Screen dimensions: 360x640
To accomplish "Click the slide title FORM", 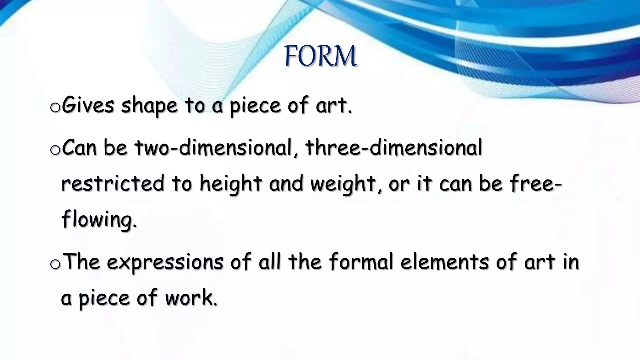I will (320, 56).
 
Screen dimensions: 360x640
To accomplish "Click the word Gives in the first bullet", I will (88, 106).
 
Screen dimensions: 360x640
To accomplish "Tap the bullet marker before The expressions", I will (55, 264).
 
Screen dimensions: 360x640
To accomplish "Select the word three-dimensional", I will (394, 147).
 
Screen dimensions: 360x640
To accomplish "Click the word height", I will (231, 184).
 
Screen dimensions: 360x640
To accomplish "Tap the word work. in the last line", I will (191, 297).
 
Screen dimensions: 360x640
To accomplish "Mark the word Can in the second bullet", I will (79, 148).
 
